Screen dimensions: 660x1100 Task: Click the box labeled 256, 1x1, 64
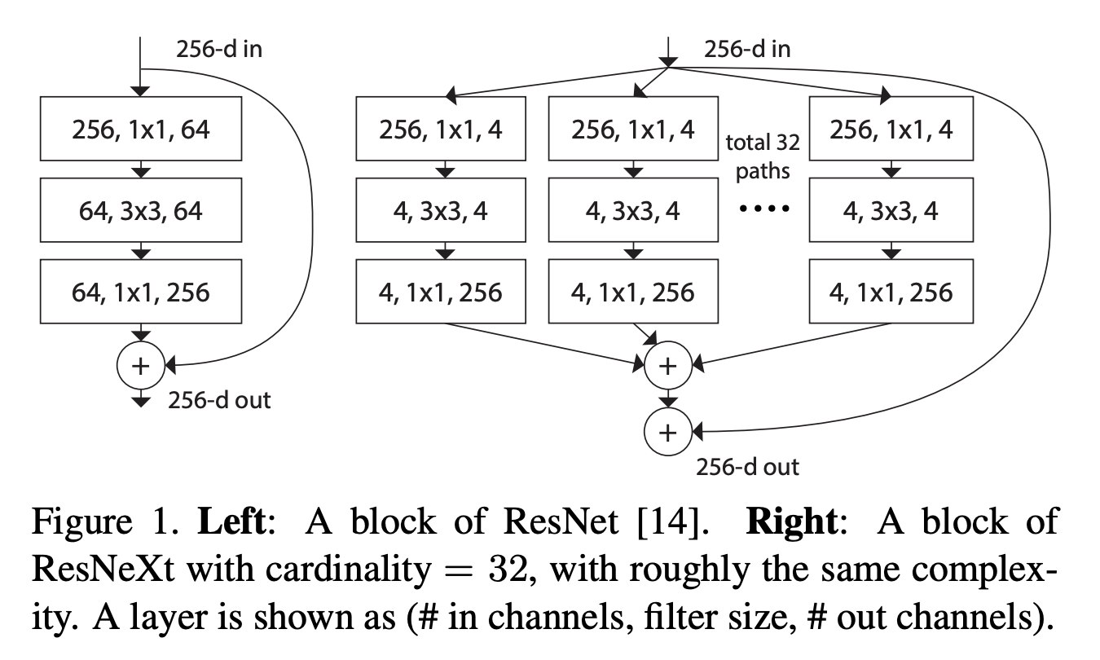[x=141, y=129]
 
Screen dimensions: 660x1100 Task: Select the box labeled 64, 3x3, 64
[x=141, y=211]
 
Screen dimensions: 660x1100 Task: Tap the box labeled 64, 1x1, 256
[x=141, y=292]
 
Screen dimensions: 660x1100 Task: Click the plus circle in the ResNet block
[x=141, y=366]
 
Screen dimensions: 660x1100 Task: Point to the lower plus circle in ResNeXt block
[x=667, y=432]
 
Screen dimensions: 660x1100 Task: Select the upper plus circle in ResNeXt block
[x=667, y=366]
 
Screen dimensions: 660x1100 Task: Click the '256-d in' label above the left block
[x=219, y=50]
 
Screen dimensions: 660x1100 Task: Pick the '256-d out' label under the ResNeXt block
[x=746, y=467]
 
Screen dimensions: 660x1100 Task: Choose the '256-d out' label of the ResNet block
[x=219, y=400]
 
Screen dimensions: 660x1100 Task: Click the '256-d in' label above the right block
[x=746, y=50]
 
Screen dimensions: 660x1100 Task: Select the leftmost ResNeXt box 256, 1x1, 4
[x=441, y=129]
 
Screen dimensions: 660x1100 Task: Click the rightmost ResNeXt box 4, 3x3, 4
[x=892, y=211]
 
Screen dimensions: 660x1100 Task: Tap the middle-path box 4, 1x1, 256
[x=634, y=292]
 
